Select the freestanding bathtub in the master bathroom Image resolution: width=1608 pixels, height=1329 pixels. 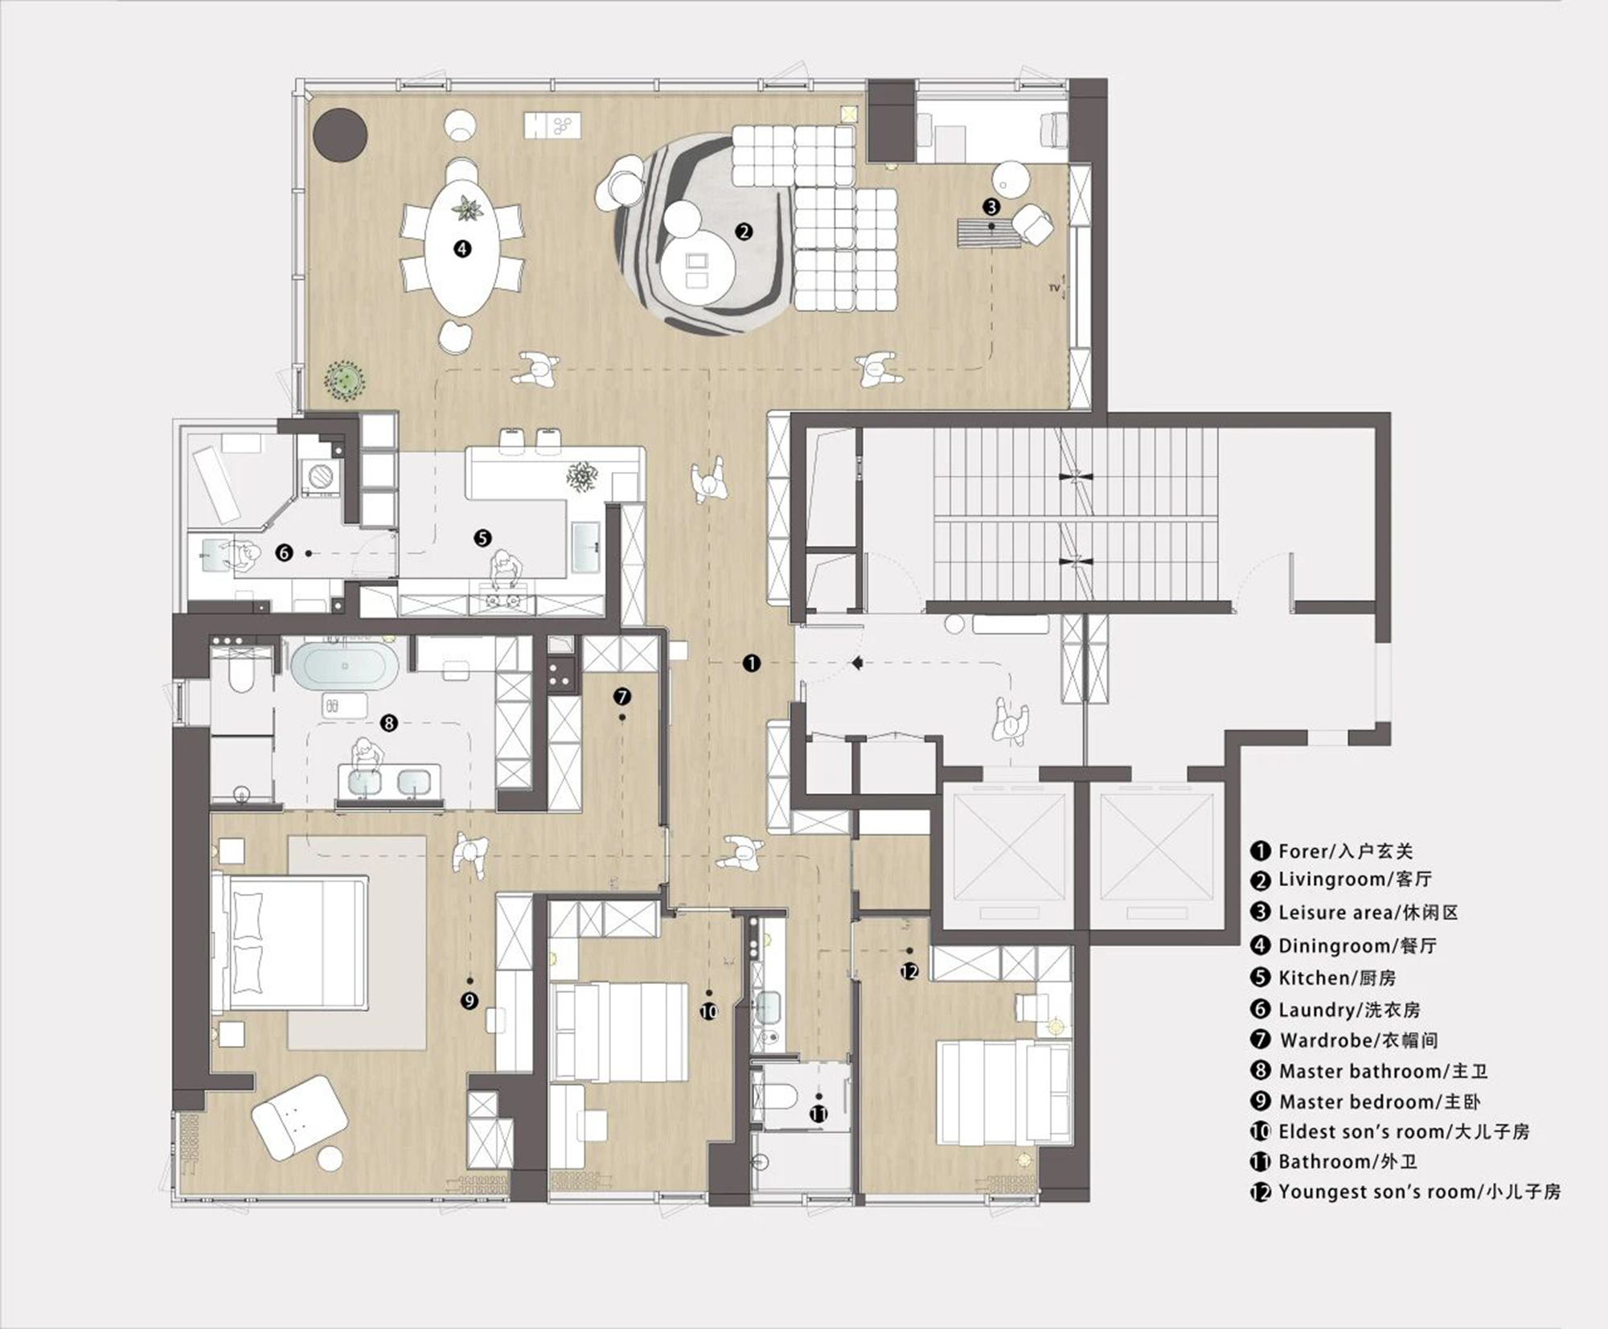344,667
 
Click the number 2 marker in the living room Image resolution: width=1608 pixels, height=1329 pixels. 744,232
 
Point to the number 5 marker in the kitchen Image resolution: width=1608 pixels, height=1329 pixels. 482,538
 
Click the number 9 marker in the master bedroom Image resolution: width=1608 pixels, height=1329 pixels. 470,1001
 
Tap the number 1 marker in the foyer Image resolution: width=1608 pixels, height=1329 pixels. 751,663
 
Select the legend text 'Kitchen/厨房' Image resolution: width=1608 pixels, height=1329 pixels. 1337,978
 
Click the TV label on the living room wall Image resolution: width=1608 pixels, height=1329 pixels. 1054,287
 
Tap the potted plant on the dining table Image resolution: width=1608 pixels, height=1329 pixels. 465,209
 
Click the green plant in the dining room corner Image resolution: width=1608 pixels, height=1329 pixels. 345,379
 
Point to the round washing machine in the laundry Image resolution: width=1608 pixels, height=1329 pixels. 321,477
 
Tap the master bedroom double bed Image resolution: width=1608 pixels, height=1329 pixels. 289,942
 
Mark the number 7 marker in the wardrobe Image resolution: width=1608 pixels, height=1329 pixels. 621,696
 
